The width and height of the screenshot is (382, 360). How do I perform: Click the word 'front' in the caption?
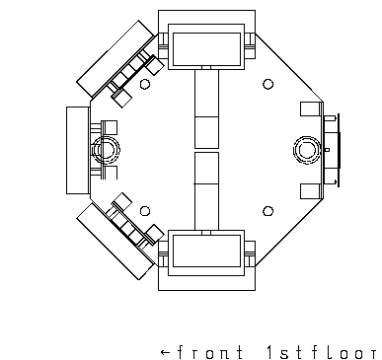coord(210,353)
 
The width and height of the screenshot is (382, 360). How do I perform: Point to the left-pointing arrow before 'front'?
coord(166,353)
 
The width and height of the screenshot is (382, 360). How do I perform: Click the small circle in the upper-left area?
coord(145,84)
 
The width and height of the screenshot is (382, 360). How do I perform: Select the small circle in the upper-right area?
coord(268,84)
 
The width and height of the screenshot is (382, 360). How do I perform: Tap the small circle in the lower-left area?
coord(145,211)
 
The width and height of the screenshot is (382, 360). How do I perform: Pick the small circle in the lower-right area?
coord(268,211)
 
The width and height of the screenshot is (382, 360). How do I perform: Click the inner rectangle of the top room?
coord(206,34)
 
